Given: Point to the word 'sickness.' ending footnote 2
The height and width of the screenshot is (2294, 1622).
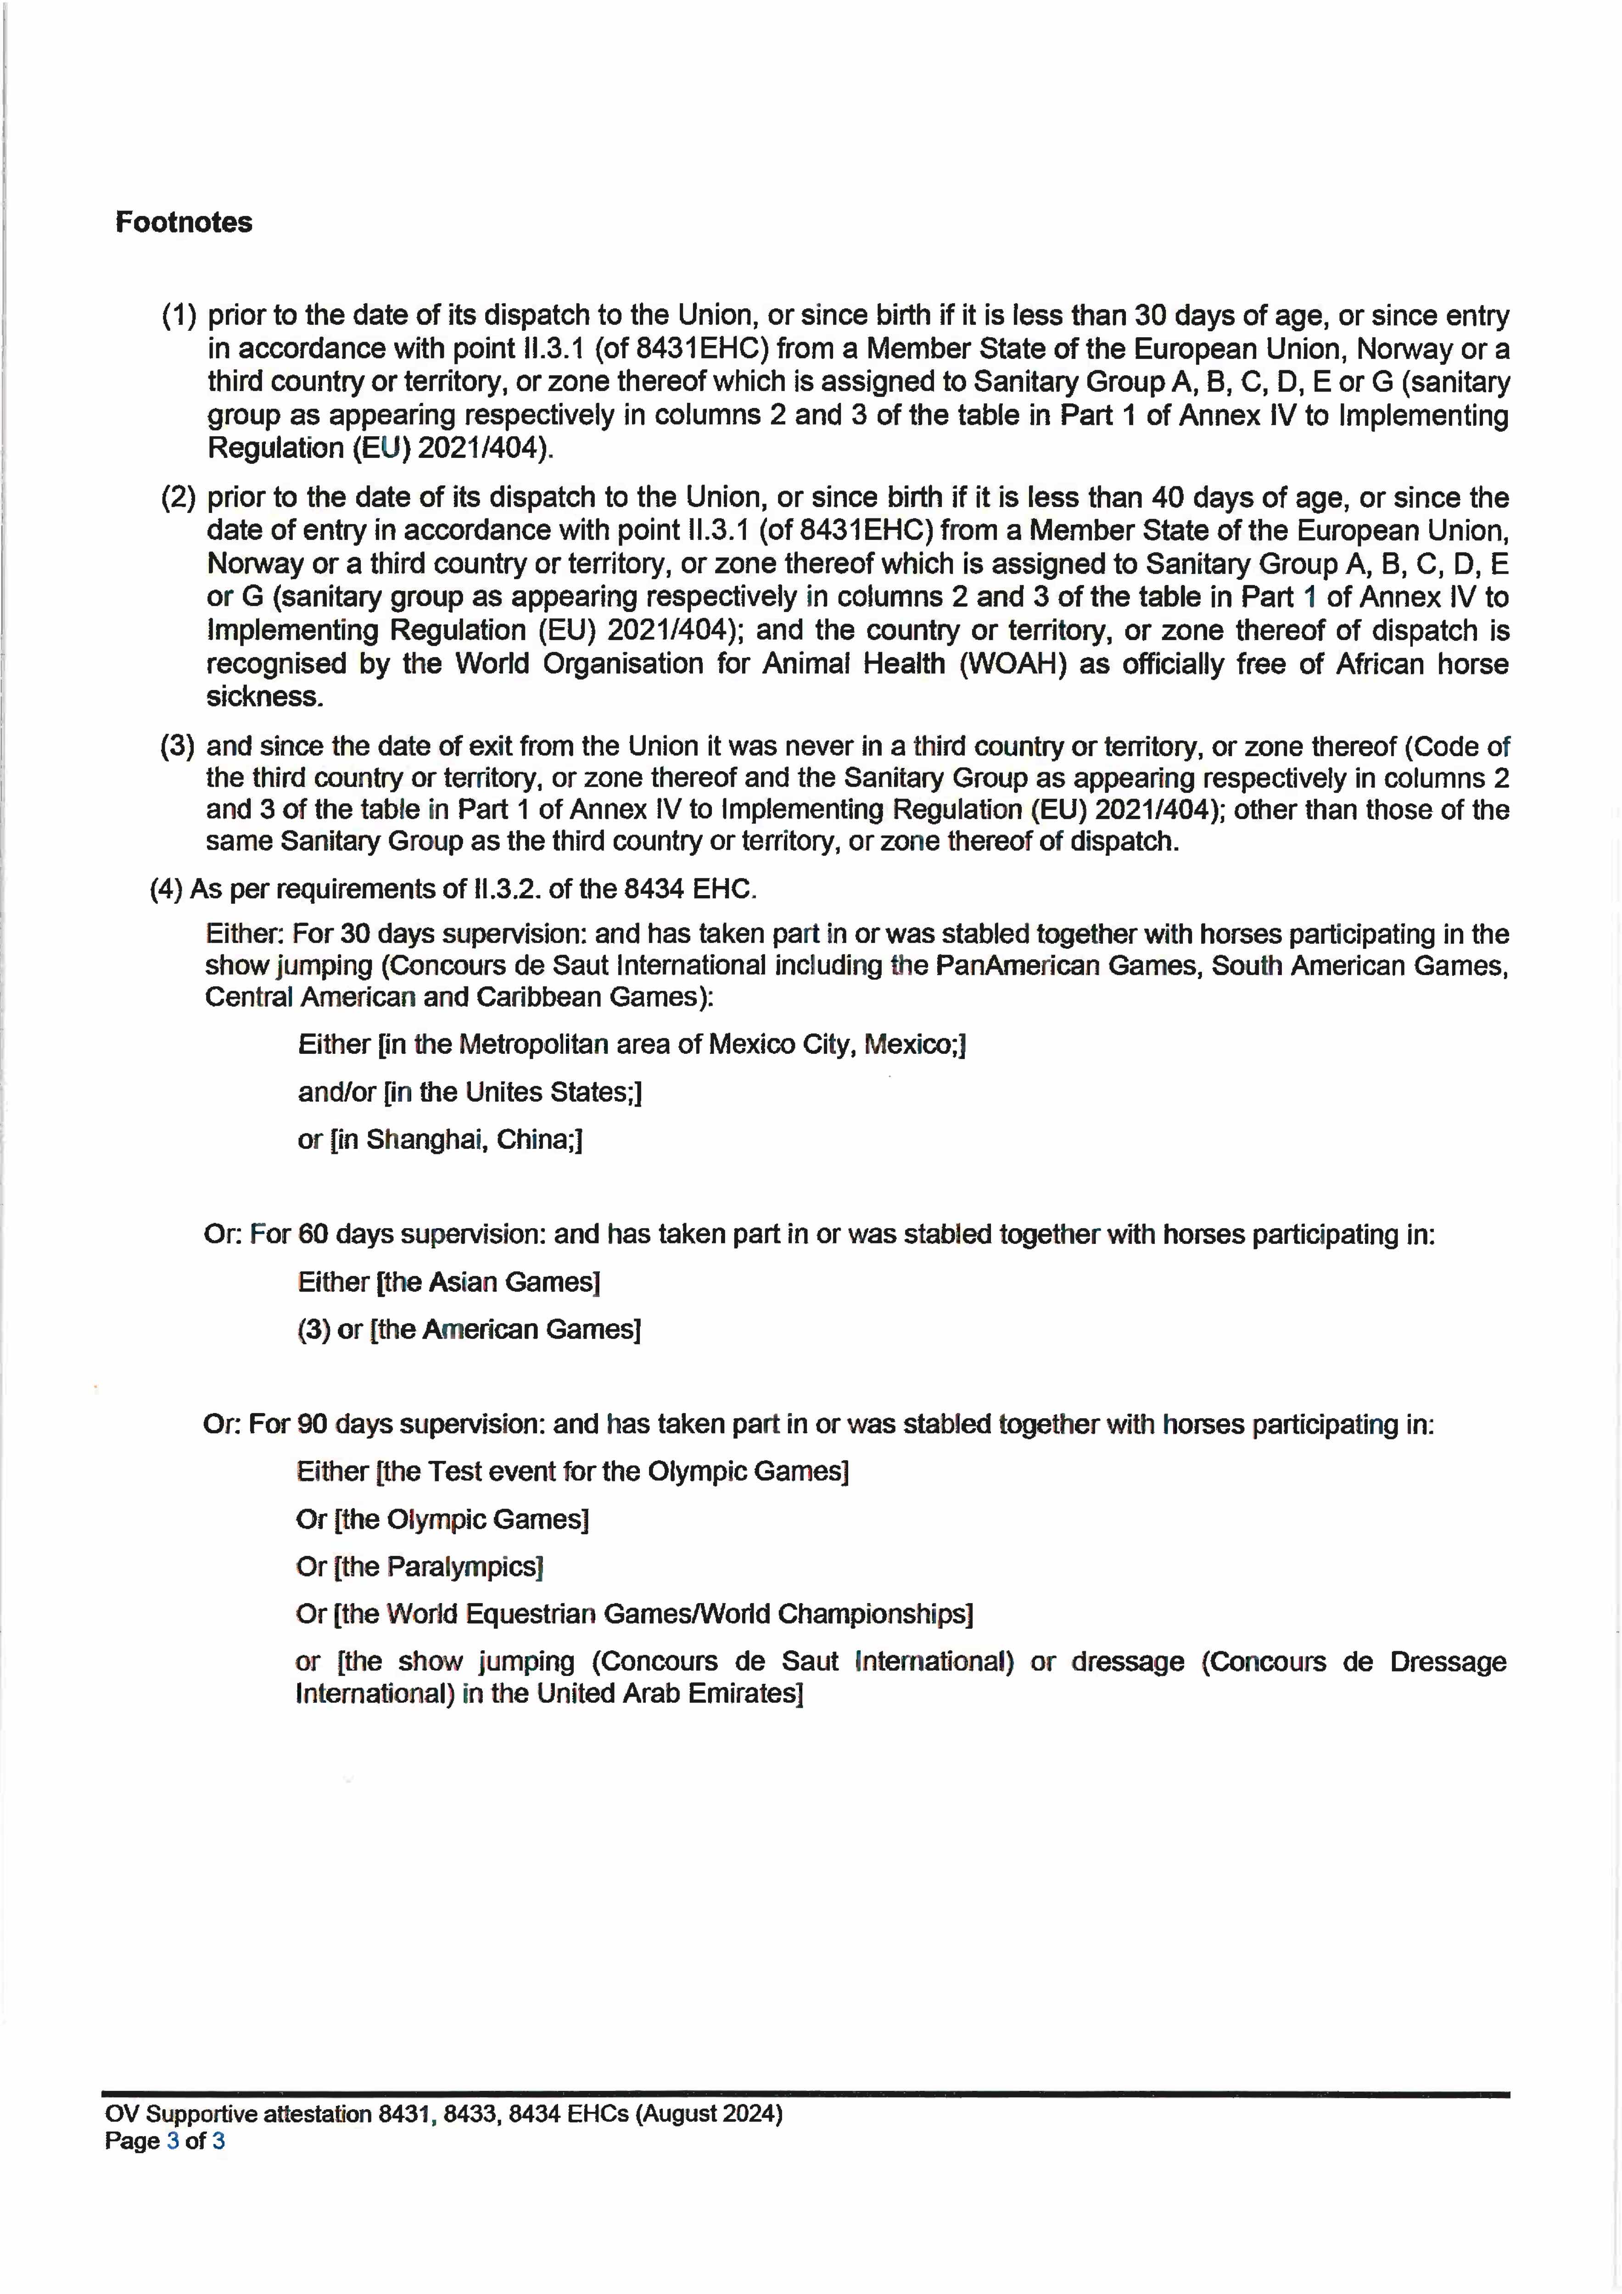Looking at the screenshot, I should (265, 696).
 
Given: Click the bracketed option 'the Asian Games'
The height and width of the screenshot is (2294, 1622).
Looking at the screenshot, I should (488, 1282).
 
